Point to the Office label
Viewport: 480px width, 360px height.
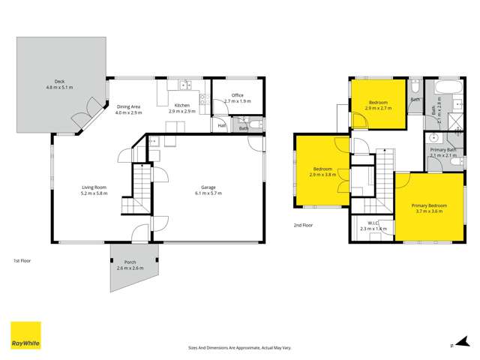pyautogui.click(x=237, y=95)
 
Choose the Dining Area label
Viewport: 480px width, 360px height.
pyautogui.click(x=129, y=106)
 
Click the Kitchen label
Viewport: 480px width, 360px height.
pyautogui.click(x=182, y=106)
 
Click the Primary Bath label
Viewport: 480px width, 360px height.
pyautogui.click(x=442, y=150)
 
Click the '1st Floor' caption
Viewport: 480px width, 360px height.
pyautogui.click(x=22, y=260)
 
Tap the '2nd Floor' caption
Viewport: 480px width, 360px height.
pyautogui.click(x=304, y=224)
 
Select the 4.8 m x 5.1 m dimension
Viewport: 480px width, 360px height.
pyautogui.click(x=58, y=87)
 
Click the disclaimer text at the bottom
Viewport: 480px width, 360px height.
pyautogui.click(x=239, y=347)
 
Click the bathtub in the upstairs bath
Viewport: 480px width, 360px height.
pyautogui.click(x=442, y=87)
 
